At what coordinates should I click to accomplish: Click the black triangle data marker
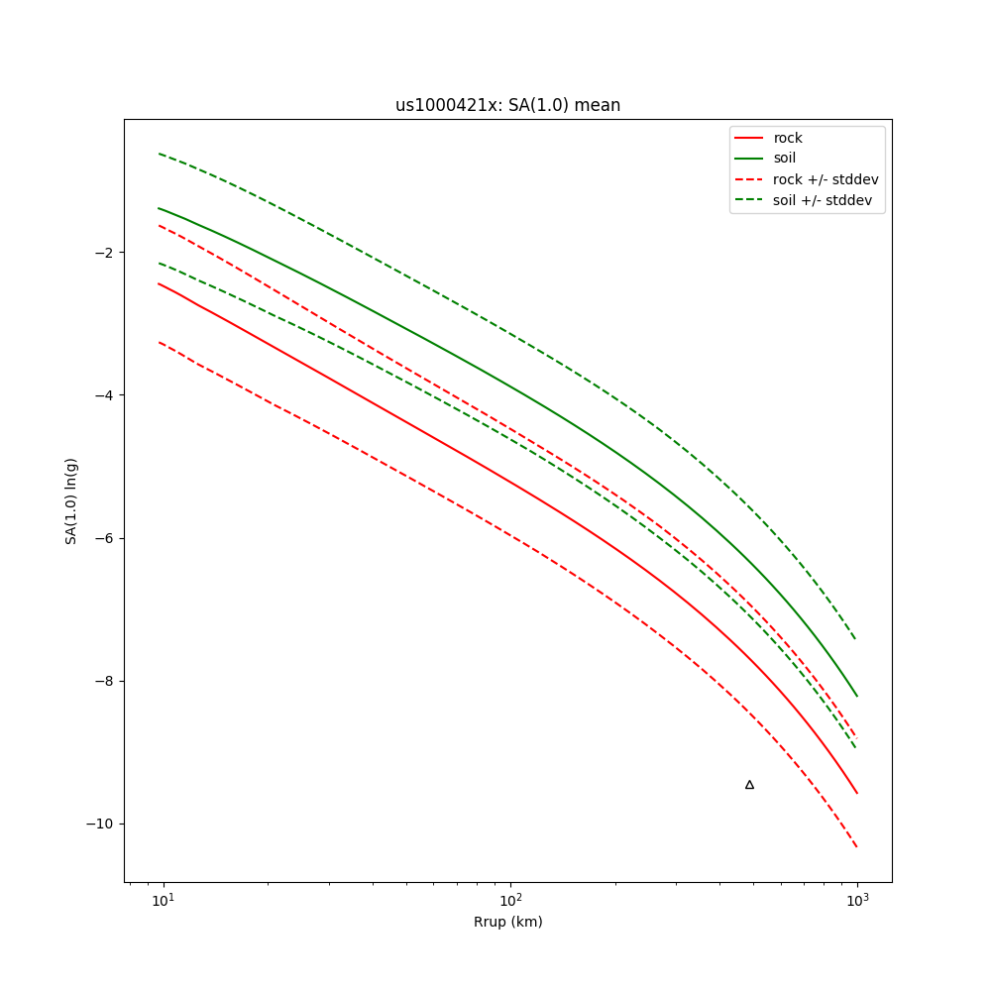pyautogui.click(x=749, y=785)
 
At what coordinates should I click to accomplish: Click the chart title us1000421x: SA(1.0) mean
pyautogui.click(x=507, y=105)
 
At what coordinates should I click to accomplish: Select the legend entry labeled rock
pyautogui.click(x=788, y=138)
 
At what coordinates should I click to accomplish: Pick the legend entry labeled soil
pyautogui.click(x=785, y=159)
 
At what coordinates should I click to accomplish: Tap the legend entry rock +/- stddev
pyautogui.click(x=826, y=179)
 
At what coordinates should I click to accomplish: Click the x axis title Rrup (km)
pyautogui.click(x=507, y=923)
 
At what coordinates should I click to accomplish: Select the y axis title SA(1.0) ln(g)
pyautogui.click(x=71, y=500)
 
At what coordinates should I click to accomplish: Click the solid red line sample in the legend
pyautogui.click(x=748, y=138)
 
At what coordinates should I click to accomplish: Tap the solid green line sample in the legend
pyautogui.click(x=748, y=159)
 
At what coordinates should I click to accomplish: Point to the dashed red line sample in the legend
pyautogui.click(x=748, y=179)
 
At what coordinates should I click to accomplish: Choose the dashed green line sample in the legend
pyautogui.click(x=748, y=200)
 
